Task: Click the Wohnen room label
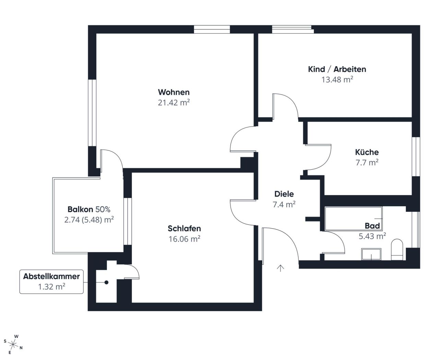[x=174, y=92]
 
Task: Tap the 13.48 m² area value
[x=337, y=80]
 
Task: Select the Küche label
[x=367, y=152]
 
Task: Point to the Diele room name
[x=284, y=194]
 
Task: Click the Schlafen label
[x=184, y=228]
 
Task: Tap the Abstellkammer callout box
[x=51, y=281]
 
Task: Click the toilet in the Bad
[x=398, y=249]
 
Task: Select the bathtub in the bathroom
[x=353, y=218]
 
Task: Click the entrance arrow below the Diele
[x=281, y=268]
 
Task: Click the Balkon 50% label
[x=89, y=209]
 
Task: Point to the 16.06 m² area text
[x=184, y=239]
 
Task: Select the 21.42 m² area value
[x=174, y=103]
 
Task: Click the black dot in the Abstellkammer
[x=106, y=282]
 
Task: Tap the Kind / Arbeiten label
[x=337, y=69]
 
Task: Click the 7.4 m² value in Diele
[x=284, y=205]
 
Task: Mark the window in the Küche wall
[x=416, y=157]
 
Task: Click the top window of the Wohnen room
[x=212, y=30]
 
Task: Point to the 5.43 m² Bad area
[x=372, y=236]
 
